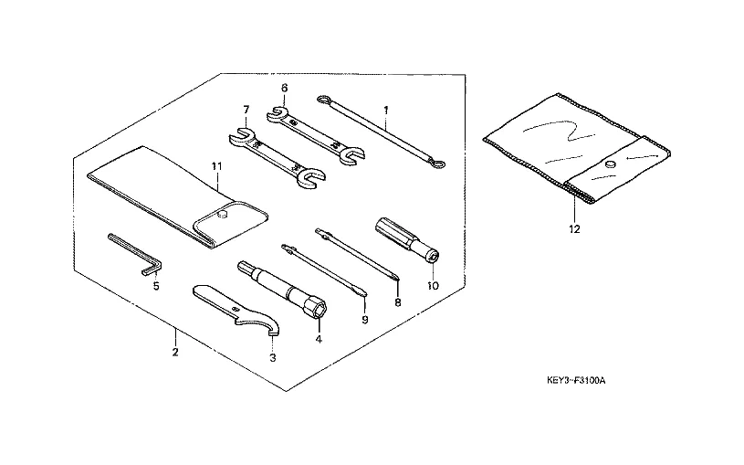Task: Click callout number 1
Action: click(386, 110)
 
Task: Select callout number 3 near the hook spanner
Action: click(273, 358)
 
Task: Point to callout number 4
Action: click(319, 340)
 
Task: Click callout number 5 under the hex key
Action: click(155, 285)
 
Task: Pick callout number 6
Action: click(284, 88)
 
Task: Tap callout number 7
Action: click(246, 110)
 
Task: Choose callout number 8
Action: click(397, 301)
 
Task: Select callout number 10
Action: click(433, 285)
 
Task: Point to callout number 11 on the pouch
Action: click(216, 165)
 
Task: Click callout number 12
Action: click(574, 230)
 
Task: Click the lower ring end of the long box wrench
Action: click(441, 164)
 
